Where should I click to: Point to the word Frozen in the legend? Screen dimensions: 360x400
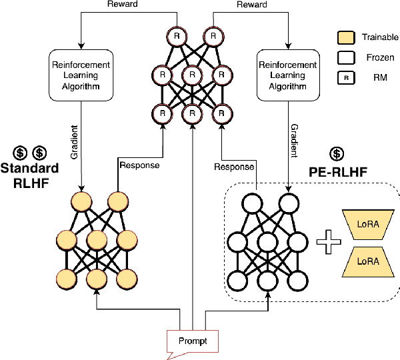[x=375, y=57]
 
